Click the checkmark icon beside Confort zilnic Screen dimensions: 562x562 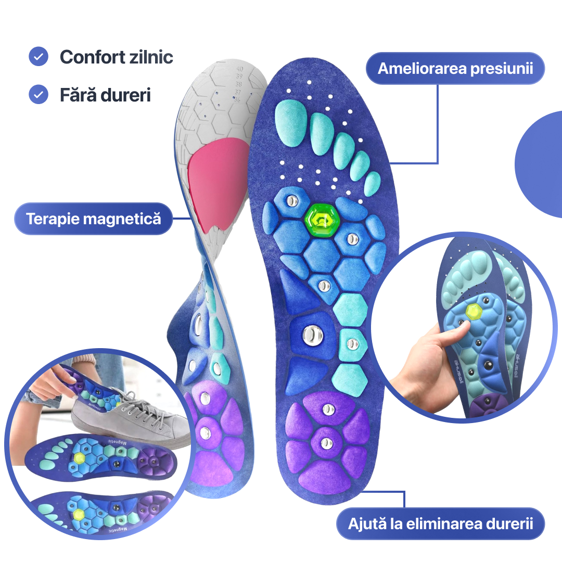click(x=39, y=56)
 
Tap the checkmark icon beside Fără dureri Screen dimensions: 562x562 click(x=39, y=95)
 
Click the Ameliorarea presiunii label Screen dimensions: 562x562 click(x=455, y=68)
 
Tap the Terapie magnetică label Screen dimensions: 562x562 click(x=94, y=219)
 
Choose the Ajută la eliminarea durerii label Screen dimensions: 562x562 click(x=440, y=523)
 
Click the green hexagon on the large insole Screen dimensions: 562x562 click(x=322, y=220)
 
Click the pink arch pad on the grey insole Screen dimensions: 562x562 click(x=219, y=182)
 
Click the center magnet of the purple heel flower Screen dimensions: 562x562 click(x=326, y=443)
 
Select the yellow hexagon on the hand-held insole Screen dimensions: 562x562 click(x=474, y=311)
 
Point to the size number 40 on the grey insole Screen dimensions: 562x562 click(x=239, y=68)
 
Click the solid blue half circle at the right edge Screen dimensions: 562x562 click(x=541, y=164)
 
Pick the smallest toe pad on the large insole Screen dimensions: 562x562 click(x=372, y=184)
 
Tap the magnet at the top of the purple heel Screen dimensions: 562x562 click(x=328, y=409)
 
